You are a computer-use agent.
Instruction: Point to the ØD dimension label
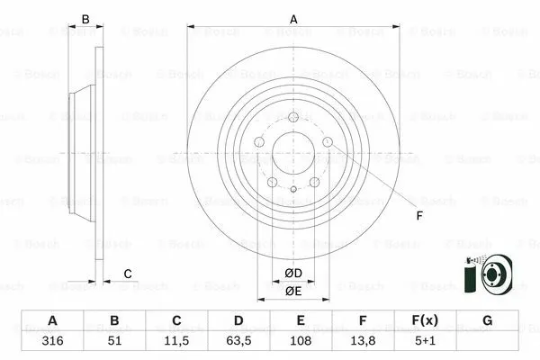[293, 274]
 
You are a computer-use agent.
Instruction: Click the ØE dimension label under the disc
[293, 291]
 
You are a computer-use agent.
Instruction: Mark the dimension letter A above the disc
[293, 19]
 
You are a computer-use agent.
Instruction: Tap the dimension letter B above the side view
[86, 19]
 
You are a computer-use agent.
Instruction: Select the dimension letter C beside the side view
[128, 274]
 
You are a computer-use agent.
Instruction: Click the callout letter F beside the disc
[418, 215]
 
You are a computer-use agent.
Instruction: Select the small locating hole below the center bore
[293, 189]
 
